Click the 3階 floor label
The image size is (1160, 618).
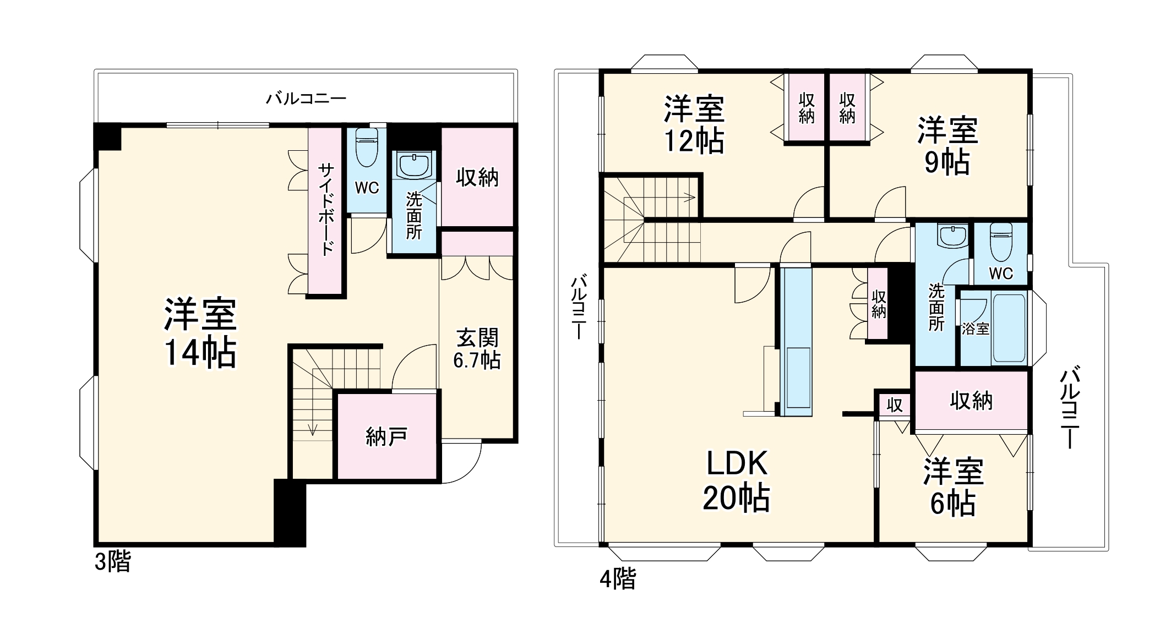coord(113,562)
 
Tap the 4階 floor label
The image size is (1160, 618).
coord(618,578)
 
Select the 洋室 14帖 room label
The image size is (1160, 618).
coord(200,333)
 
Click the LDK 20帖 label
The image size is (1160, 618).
coord(737,480)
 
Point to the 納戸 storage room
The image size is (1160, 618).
coord(386,436)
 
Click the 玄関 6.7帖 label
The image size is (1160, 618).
coord(477,348)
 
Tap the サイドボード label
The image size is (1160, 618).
coord(326,209)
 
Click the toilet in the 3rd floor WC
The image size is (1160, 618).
coord(366,147)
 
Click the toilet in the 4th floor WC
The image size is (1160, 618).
coord(1001,242)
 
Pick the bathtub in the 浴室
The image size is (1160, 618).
coord(1009,328)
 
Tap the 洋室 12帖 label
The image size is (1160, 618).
coord(694,125)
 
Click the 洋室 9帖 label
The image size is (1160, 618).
coord(947,146)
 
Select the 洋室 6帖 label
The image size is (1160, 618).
coord(953,487)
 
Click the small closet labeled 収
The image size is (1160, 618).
coord(894,405)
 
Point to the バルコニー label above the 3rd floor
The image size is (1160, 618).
coord(306,99)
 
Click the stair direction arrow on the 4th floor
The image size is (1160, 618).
coord(688,196)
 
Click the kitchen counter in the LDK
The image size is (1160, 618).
coord(796,341)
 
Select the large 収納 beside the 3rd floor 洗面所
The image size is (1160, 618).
coord(477,177)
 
